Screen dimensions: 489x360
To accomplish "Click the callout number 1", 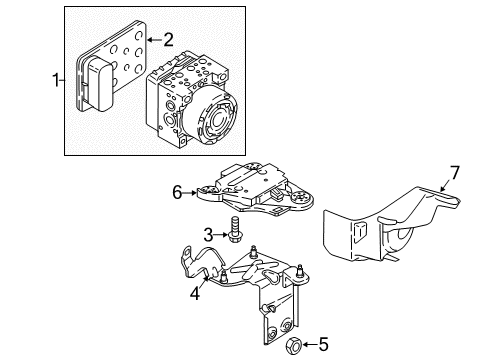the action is pyautogui.click(x=56, y=80).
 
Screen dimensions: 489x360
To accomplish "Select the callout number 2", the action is pyautogui.click(x=169, y=40).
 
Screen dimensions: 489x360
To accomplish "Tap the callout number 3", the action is pyautogui.click(x=208, y=235).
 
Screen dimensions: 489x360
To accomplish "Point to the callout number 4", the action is pyautogui.click(x=195, y=294).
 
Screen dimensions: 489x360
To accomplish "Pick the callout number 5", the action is pyautogui.click(x=323, y=344).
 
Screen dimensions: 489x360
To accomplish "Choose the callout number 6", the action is pyautogui.click(x=177, y=192).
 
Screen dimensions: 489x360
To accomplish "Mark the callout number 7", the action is pyautogui.click(x=455, y=173).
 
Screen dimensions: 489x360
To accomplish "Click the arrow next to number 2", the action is pyautogui.click(x=154, y=40).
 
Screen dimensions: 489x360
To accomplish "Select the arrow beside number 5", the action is pyautogui.click(x=309, y=344).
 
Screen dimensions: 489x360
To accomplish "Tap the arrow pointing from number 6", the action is pyautogui.click(x=190, y=192).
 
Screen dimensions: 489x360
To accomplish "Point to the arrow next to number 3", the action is pyautogui.click(x=221, y=235).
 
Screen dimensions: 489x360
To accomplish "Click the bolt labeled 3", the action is pyautogui.click(x=235, y=229).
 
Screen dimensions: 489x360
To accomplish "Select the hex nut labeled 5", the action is pyautogui.click(x=294, y=346).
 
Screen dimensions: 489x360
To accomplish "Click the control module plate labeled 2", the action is pyautogui.click(x=112, y=66).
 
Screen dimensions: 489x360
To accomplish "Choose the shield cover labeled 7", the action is pyautogui.click(x=387, y=227).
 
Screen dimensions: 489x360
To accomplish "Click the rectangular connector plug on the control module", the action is pyautogui.click(x=98, y=85).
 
